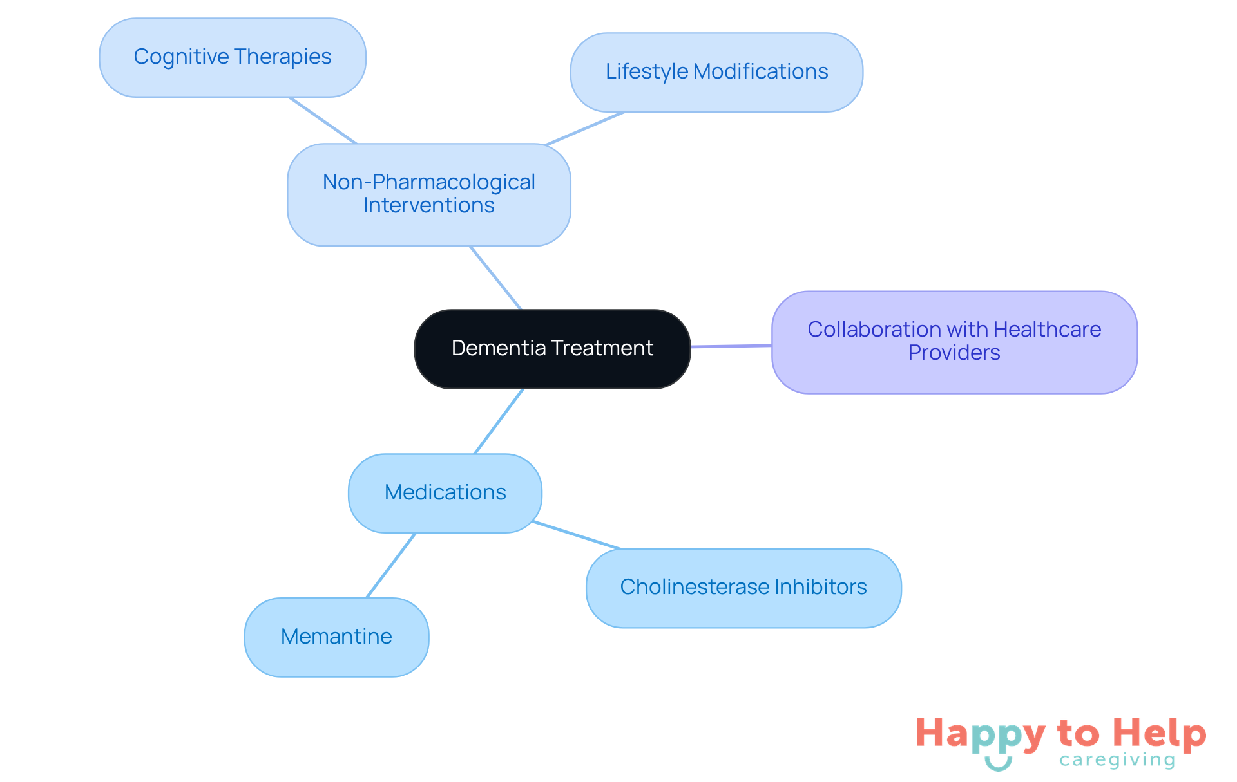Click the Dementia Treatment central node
click(x=552, y=349)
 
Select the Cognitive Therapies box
click(x=233, y=57)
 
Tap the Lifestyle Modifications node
click(x=716, y=72)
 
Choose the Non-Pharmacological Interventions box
click(x=428, y=194)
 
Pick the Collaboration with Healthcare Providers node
click(x=954, y=342)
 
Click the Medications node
click(x=445, y=493)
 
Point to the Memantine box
click(x=336, y=637)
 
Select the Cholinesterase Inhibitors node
click(x=743, y=588)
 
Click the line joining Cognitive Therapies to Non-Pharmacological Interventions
click(x=323, y=120)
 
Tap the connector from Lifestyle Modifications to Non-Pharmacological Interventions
click(x=585, y=129)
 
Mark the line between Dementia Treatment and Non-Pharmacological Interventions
click(x=495, y=278)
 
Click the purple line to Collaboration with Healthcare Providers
click(x=731, y=346)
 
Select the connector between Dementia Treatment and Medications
click(x=499, y=422)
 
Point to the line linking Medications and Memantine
click(x=391, y=566)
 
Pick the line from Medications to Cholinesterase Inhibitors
click(x=578, y=535)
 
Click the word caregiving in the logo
click(x=1117, y=760)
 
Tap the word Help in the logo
click(x=1160, y=733)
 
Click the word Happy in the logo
click(x=980, y=734)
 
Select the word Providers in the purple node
click(x=954, y=353)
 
